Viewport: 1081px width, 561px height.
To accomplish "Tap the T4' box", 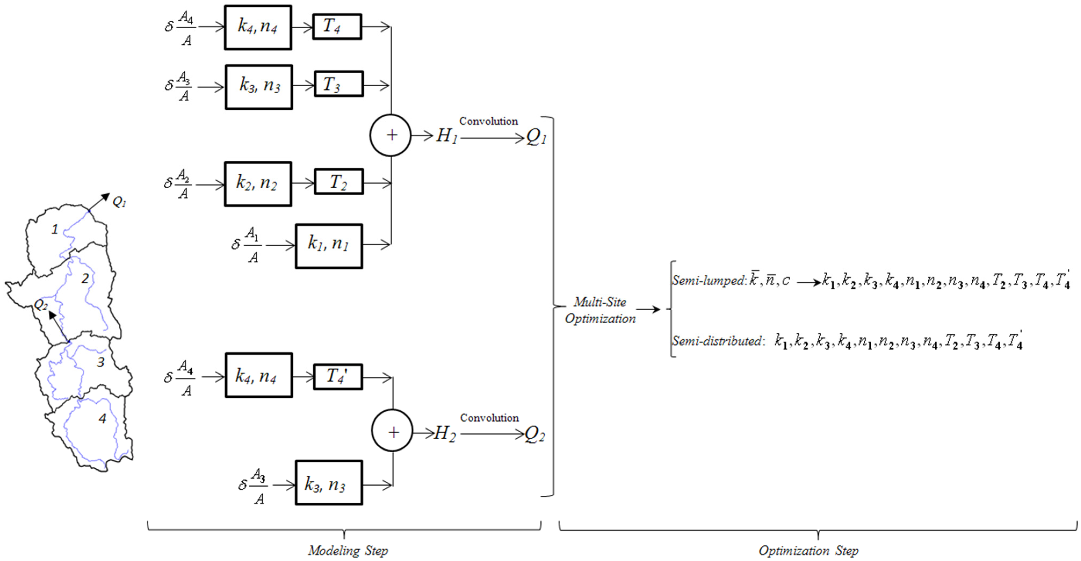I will [x=338, y=377].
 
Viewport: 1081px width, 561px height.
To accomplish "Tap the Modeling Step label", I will [x=348, y=550].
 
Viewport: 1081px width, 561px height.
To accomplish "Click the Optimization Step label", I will [x=808, y=550].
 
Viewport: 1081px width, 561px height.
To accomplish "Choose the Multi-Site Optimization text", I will [x=600, y=310].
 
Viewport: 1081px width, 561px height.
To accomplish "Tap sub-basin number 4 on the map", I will [x=102, y=418].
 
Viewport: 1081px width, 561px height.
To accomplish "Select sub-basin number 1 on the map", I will [x=55, y=229].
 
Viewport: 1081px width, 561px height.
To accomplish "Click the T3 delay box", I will [x=339, y=84].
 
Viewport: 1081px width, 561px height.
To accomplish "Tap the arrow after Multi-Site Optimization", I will [x=648, y=310].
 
